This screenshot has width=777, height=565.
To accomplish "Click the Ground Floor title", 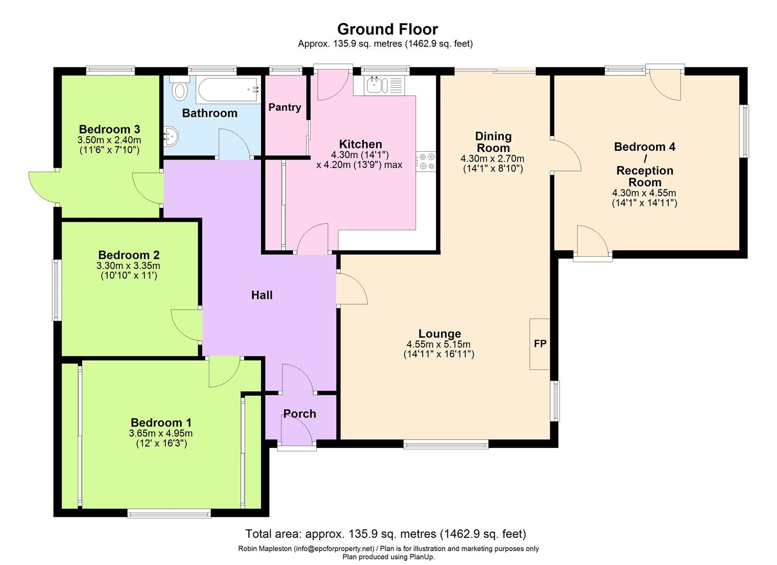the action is coord(388,29).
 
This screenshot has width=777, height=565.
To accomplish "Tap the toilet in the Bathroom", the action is coord(179,88).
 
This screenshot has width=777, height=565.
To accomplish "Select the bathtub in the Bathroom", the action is coord(228,90).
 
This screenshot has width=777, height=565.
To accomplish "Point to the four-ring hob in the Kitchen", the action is coord(426,161).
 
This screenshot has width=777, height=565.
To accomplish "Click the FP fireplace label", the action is coord(540,343).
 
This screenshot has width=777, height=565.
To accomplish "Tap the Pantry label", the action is coord(285,107).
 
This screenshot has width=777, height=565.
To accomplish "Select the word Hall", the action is coord(262,295).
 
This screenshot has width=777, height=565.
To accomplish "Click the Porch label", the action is coord(300,414).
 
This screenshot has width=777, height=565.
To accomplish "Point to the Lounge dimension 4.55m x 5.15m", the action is coord(438,344).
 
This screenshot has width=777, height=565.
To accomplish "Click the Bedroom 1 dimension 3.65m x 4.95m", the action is coord(161,434).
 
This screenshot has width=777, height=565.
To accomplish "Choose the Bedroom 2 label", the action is coord(129,255).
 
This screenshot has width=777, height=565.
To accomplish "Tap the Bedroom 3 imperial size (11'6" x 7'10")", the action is coord(109,150).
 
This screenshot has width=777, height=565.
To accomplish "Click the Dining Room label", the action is coord(493,142).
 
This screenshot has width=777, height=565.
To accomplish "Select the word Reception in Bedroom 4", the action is coord(645,171).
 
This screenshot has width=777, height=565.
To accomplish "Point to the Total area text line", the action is coord(386,534).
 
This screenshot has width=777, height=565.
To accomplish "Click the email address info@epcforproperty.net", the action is coord(334,549).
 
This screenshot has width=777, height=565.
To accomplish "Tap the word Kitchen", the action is coord(361,144).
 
